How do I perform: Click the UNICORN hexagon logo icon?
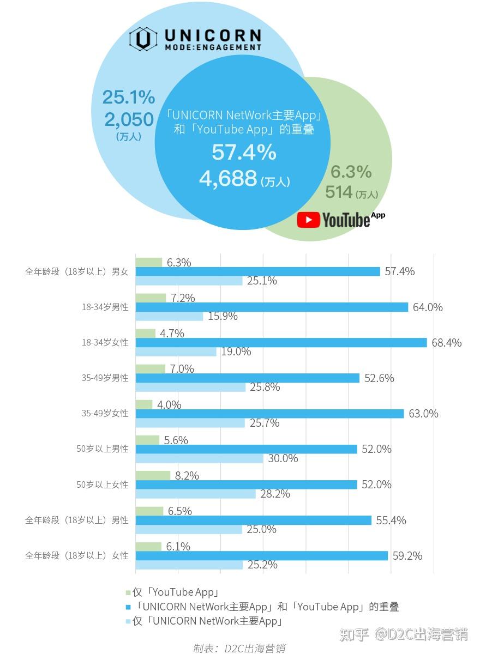[x=143, y=40]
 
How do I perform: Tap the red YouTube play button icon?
[x=308, y=220]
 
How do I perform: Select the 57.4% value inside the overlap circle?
[x=244, y=153]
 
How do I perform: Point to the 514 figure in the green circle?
[x=339, y=192]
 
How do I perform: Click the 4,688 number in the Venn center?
[x=228, y=179]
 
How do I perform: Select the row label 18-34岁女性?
[x=105, y=343]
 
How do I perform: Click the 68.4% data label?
[x=446, y=343]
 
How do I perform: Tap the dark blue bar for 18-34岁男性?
[x=272, y=307]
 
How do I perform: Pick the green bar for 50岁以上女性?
[x=153, y=476]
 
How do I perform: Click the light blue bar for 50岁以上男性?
[x=199, y=458]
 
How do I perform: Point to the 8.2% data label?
[x=187, y=476]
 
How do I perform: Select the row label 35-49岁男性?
[x=105, y=378]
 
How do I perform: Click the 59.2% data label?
[x=407, y=556]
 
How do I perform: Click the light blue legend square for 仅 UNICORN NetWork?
[x=128, y=621]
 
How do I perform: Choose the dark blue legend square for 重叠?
[x=128, y=607]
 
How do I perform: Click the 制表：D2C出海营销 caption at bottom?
[x=239, y=648]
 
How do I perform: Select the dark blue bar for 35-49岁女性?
[x=269, y=414]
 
